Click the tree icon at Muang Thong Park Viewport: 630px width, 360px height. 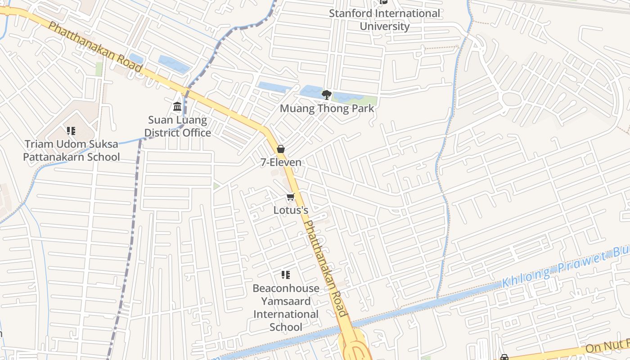(327, 94)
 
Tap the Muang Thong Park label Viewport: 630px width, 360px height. (327, 108)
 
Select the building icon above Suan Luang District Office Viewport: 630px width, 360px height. (177, 107)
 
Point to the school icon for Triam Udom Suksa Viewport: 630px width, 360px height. (71, 131)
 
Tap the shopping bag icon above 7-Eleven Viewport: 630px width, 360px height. (281, 149)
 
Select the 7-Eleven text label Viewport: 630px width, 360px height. (281, 162)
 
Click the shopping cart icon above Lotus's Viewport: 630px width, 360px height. (290, 197)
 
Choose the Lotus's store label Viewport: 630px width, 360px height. (291, 210)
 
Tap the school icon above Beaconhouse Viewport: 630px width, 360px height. (285, 274)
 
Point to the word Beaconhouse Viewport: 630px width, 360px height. (286, 288)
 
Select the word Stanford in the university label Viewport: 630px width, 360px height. (351, 13)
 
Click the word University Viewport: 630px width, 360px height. (384, 26)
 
